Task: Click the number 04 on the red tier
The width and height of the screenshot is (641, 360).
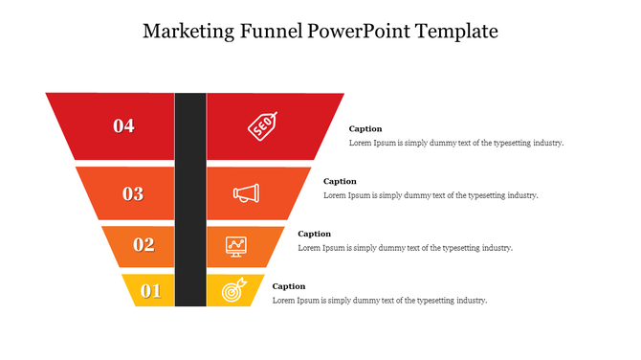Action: pos(123,125)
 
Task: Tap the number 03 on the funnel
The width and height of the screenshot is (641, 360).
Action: pos(133,193)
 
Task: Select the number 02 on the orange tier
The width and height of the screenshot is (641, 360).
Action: pos(144,244)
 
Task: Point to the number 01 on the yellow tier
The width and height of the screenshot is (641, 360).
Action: pos(151,291)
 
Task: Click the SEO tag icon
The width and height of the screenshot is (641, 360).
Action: pos(262,125)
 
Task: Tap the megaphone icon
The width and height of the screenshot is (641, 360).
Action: pos(245,193)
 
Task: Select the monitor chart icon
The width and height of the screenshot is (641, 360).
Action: pos(236,245)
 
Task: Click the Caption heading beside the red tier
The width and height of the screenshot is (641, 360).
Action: pos(365,128)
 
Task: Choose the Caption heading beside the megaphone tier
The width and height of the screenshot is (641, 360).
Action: pos(340,181)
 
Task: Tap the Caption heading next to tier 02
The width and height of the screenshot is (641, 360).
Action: pos(314,234)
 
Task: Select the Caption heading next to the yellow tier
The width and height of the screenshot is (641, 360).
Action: pos(289,286)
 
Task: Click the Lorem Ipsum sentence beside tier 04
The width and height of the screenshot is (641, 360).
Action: pos(455,143)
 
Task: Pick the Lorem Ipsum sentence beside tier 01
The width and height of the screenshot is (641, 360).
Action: pos(379,301)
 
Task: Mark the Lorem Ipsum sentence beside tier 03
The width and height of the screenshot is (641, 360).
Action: pos(431,195)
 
